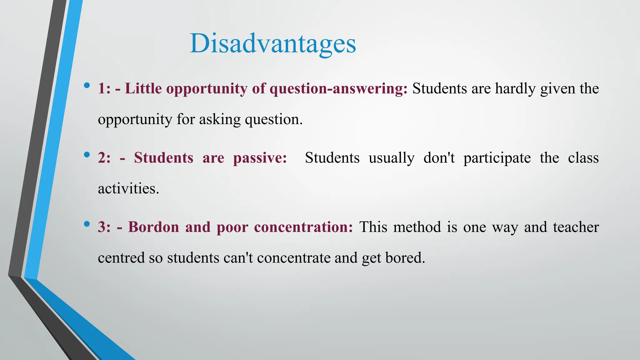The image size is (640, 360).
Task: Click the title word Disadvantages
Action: (272, 44)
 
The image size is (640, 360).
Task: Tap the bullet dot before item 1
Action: (87, 85)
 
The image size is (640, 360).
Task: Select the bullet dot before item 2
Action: (87, 154)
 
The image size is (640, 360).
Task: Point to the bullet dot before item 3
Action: (87, 224)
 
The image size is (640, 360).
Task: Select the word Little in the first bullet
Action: (143, 89)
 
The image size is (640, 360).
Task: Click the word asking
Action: (220, 120)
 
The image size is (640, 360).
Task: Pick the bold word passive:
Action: (260, 158)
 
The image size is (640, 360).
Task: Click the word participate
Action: (497, 158)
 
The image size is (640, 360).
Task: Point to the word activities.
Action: (128, 189)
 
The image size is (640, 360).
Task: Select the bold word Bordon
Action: (153, 227)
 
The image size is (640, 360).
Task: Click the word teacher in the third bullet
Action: (576, 227)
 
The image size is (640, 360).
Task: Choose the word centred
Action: (121, 258)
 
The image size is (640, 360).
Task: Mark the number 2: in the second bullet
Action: (104, 158)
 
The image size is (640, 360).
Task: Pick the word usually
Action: (391, 158)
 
